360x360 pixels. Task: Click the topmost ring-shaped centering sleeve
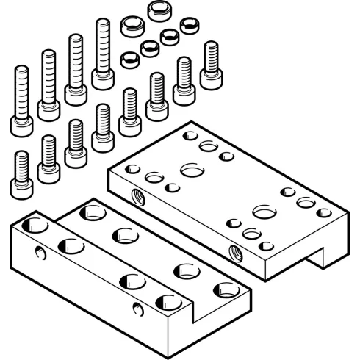(x=159, y=11)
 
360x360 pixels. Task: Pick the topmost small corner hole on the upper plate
(x=190, y=135)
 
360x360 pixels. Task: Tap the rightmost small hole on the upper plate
(x=324, y=212)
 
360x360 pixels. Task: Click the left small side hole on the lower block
(x=40, y=253)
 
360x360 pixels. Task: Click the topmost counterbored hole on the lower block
(x=93, y=213)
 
